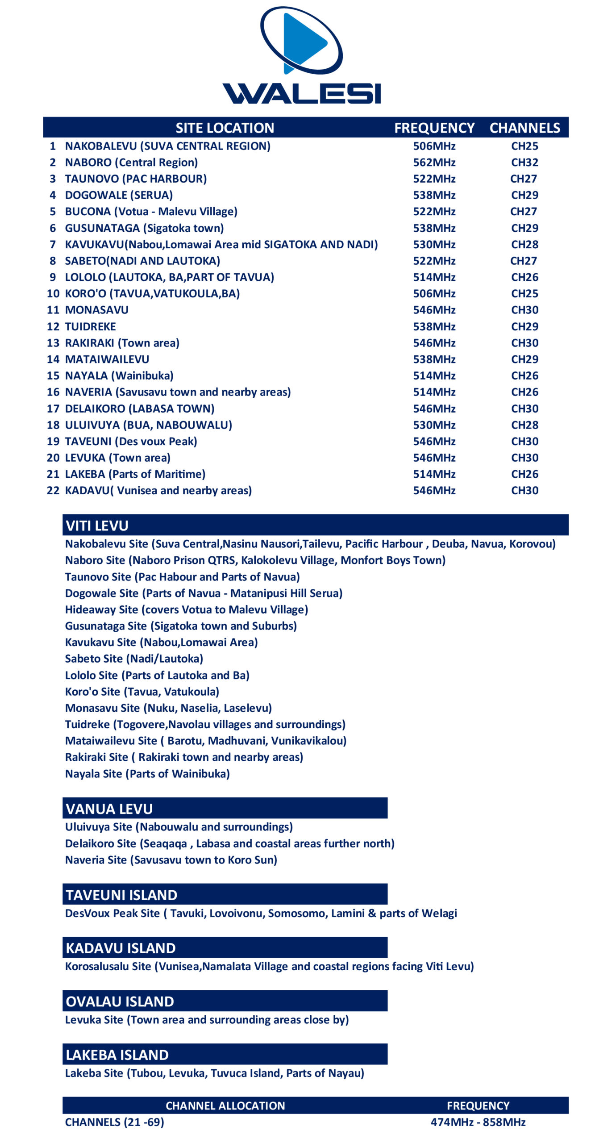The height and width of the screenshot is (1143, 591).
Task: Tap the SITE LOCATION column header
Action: click(225, 128)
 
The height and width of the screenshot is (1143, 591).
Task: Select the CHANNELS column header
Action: click(524, 128)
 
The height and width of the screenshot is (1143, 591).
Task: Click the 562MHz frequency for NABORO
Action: click(434, 163)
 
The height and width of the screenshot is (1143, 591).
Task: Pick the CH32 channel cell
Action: click(524, 163)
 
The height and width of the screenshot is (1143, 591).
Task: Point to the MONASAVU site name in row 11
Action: click(97, 310)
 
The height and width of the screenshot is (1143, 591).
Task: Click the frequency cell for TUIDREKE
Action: click(434, 326)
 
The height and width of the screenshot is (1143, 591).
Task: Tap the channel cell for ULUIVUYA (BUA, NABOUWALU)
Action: click(524, 425)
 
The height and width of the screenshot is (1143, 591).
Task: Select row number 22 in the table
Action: click(53, 490)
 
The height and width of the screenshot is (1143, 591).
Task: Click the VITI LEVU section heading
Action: click(97, 526)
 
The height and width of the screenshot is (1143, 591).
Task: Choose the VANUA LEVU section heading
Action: click(109, 809)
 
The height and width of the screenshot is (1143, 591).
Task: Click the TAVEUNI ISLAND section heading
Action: click(121, 895)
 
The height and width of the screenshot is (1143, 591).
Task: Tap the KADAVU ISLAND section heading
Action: click(121, 948)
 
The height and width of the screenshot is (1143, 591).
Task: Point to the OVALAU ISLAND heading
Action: click(120, 1001)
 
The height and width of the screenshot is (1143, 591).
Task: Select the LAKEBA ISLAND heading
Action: click(117, 1055)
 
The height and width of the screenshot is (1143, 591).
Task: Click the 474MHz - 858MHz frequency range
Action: click(478, 1122)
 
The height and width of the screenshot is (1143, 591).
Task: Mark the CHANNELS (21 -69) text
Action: click(115, 1122)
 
